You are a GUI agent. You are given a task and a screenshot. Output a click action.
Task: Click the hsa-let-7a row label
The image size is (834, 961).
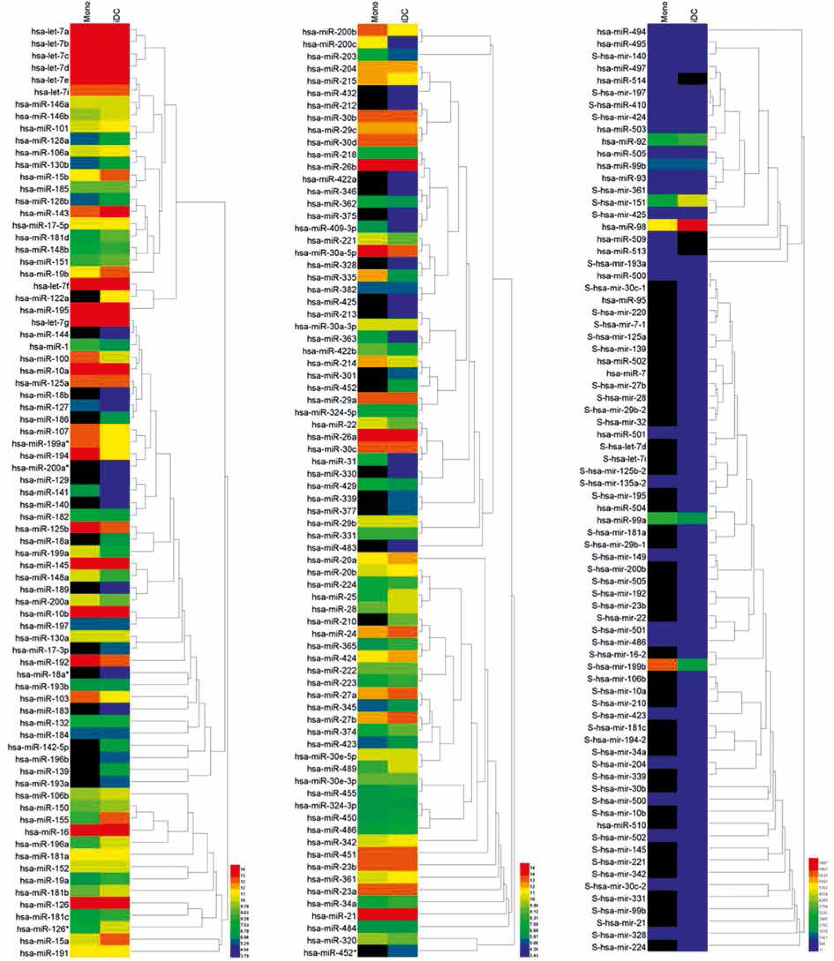pyautogui.click(x=50, y=32)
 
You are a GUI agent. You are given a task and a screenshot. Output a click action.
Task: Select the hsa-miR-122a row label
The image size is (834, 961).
pyautogui.click(x=42, y=298)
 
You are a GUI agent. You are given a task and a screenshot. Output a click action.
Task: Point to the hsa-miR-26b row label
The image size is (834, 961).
pyautogui.click(x=332, y=167)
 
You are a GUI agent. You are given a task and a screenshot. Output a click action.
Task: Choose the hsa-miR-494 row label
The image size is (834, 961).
pyautogui.click(x=621, y=32)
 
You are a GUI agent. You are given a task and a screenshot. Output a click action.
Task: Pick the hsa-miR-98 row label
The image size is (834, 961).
pyautogui.click(x=624, y=227)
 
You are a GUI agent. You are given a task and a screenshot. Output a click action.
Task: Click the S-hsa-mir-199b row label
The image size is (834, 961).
pyautogui.click(x=617, y=667)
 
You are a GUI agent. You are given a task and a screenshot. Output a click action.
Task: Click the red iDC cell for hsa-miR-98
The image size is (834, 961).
pyautogui.click(x=692, y=226)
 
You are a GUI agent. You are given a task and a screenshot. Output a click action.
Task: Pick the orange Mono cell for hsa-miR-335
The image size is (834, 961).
pyautogui.click(x=373, y=277)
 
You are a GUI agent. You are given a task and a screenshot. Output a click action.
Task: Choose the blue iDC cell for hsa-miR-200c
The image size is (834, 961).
pyautogui.click(x=402, y=43)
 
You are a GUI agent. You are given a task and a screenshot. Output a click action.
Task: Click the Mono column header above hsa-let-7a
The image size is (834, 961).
pyautogui.click(x=87, y=12)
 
